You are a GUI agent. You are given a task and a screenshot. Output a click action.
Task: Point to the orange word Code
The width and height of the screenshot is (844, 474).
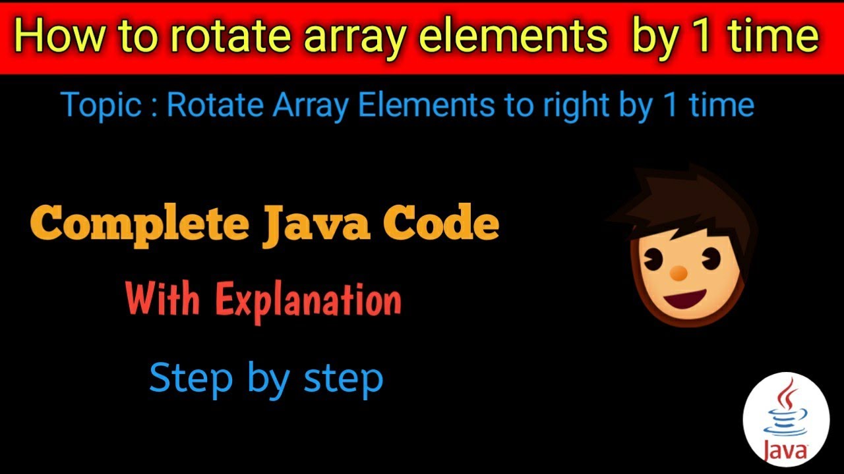click(x=449, y=224)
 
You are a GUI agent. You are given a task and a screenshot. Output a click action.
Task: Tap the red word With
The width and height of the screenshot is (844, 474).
click(x=163, y=300)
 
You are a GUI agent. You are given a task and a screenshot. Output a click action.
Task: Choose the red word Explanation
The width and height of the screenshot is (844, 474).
click(x=309, y=300)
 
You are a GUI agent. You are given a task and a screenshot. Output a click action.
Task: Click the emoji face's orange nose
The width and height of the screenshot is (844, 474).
click(x=678, y=271)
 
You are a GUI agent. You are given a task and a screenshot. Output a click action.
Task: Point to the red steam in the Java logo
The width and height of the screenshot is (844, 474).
click(x=785, y=401)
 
